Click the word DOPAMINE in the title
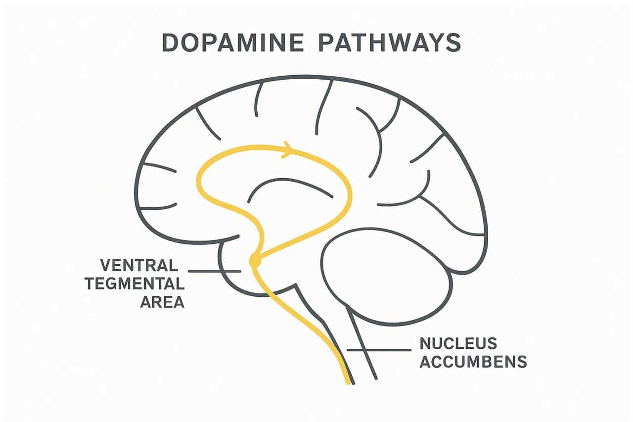(x=233, y=43)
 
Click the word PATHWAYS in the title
(x=390, y=43)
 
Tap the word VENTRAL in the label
(x=139, y=265)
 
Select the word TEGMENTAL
(x=135, y=283)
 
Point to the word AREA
(x=162, y=302)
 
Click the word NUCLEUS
(x=458, y=343)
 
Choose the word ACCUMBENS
(x=473, y=362)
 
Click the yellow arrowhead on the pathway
(x=288, y=150)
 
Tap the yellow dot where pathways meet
(x=255, y=261)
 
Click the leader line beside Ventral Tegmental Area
(x=214, y=271)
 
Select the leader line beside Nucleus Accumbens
(x=379, y=350)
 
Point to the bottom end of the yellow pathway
(x=349, y=384)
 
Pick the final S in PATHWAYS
(x=454, y=43)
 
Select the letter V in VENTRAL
(x=106, y=265)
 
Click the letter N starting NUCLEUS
(x=425, y=343)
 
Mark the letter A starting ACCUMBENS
(x=426, y=362)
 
